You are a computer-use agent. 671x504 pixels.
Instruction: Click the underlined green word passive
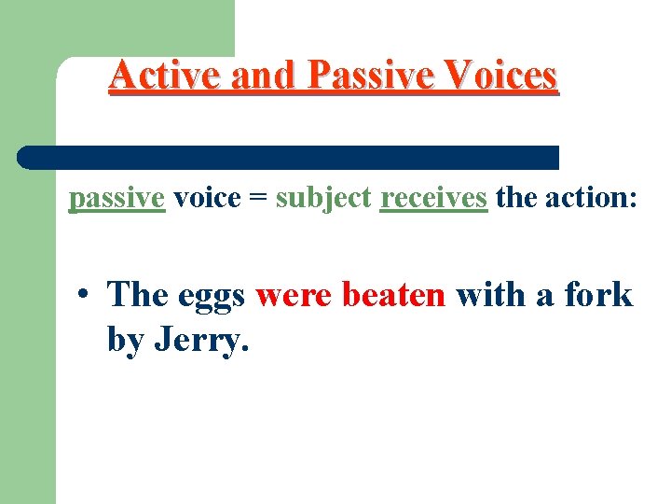(x=117, y=198)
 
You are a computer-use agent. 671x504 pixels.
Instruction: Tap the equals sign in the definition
(x=257, y=199)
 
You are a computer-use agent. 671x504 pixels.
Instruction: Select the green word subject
(x=324, y=198)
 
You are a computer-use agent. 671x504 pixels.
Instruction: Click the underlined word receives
(x=434, y=198)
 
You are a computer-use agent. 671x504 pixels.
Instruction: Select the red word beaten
(x=394, y=295)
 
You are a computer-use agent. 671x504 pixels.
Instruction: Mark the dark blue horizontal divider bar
(x=289, y=157)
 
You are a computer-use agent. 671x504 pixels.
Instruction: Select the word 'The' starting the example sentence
(x=137, y=295)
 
